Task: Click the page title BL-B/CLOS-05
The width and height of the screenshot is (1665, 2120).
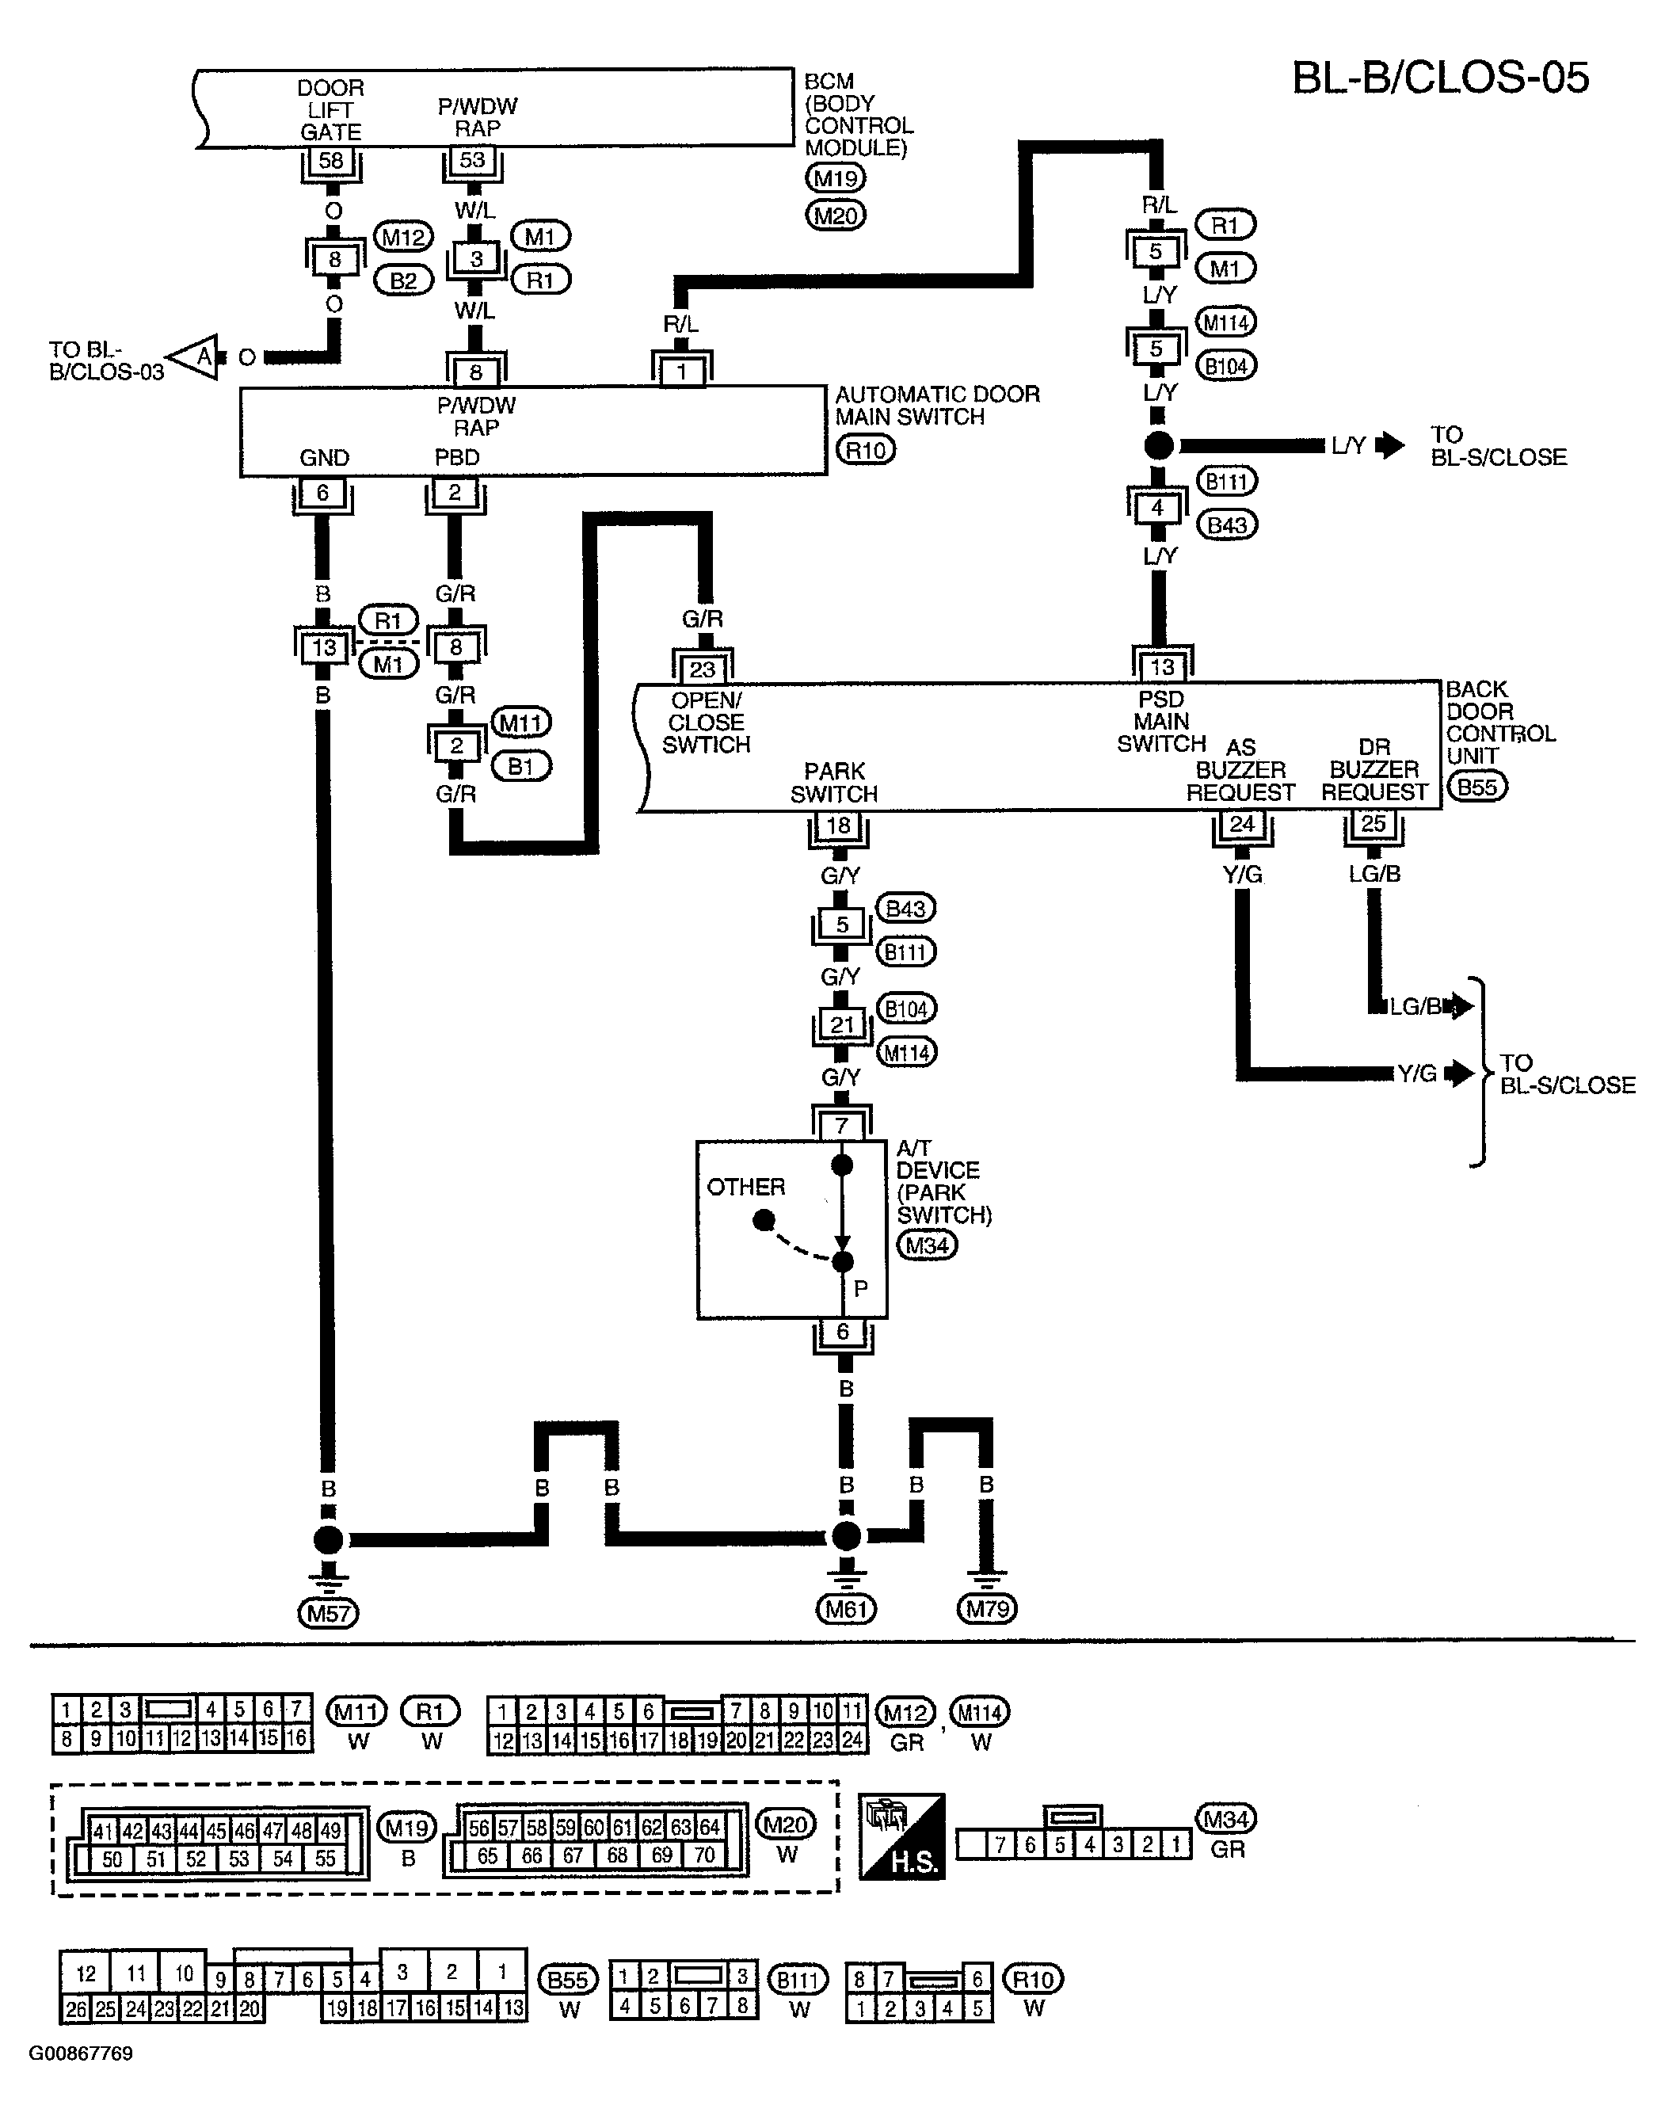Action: (x=1440, y=77)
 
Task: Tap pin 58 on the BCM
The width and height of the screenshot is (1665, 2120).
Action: (x=331, y=160)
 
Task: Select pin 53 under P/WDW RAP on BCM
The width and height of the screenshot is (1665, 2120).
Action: (x=473, y=160)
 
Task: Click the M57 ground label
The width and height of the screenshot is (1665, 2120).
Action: (x=329, y=1613)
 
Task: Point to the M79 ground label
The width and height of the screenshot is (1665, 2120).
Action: (x=988, y=1608)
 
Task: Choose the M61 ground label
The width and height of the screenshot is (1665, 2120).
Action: (x=845, y=1608)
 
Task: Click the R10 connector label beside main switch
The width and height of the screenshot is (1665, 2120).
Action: (x=866, y=450)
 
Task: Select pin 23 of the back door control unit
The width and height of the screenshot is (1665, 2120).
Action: (x=702, y=669)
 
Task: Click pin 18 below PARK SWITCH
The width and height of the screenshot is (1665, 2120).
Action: (x=838, y=826)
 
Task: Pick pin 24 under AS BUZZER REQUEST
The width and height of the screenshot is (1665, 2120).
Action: (x=1241, y=824)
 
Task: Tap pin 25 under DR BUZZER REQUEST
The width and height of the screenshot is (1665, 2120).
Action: (x=1373, y=824)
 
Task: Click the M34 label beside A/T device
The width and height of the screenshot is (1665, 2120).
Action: (x=927, y=1245)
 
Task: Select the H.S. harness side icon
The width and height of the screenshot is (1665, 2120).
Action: (x=901, y=1836)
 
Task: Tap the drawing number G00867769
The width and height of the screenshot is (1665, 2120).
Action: (x=81, y=2053)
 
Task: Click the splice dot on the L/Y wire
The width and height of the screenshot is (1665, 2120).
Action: (x=1158, y=446)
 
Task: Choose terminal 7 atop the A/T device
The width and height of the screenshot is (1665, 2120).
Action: (x=841, y=1126)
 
